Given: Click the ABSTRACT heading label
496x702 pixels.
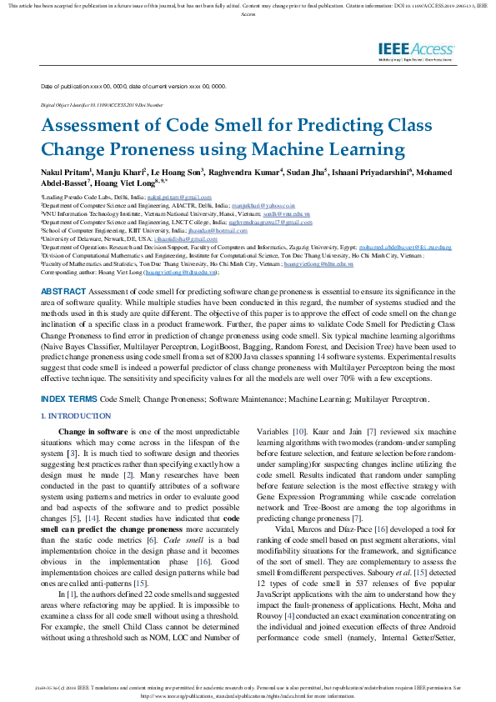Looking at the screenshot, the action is (61, 267).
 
